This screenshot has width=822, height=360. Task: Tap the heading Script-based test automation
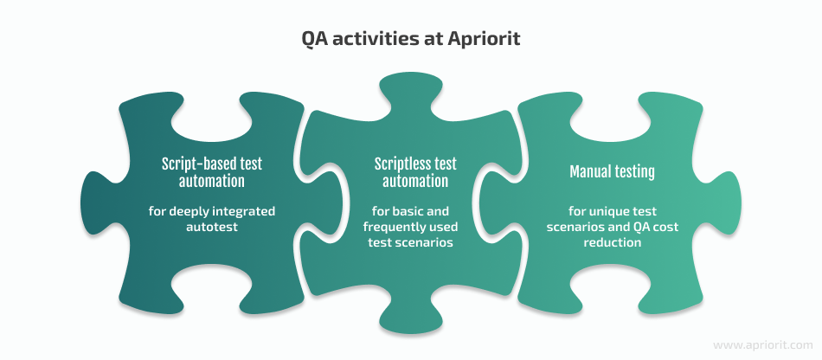coord(212,172)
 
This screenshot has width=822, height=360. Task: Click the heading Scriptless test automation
coord(415,172)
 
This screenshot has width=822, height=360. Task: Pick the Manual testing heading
coord(613,172)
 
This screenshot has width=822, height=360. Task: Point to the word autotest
coord(211,226)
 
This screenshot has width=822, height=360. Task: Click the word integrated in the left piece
coord(247,212)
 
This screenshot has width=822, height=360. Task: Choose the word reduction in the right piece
coord(613,242)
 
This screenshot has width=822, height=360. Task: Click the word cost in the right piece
coord(667,228)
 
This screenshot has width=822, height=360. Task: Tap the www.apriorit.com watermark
coord(763,345)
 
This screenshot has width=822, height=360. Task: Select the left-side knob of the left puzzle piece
coord(97,202)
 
